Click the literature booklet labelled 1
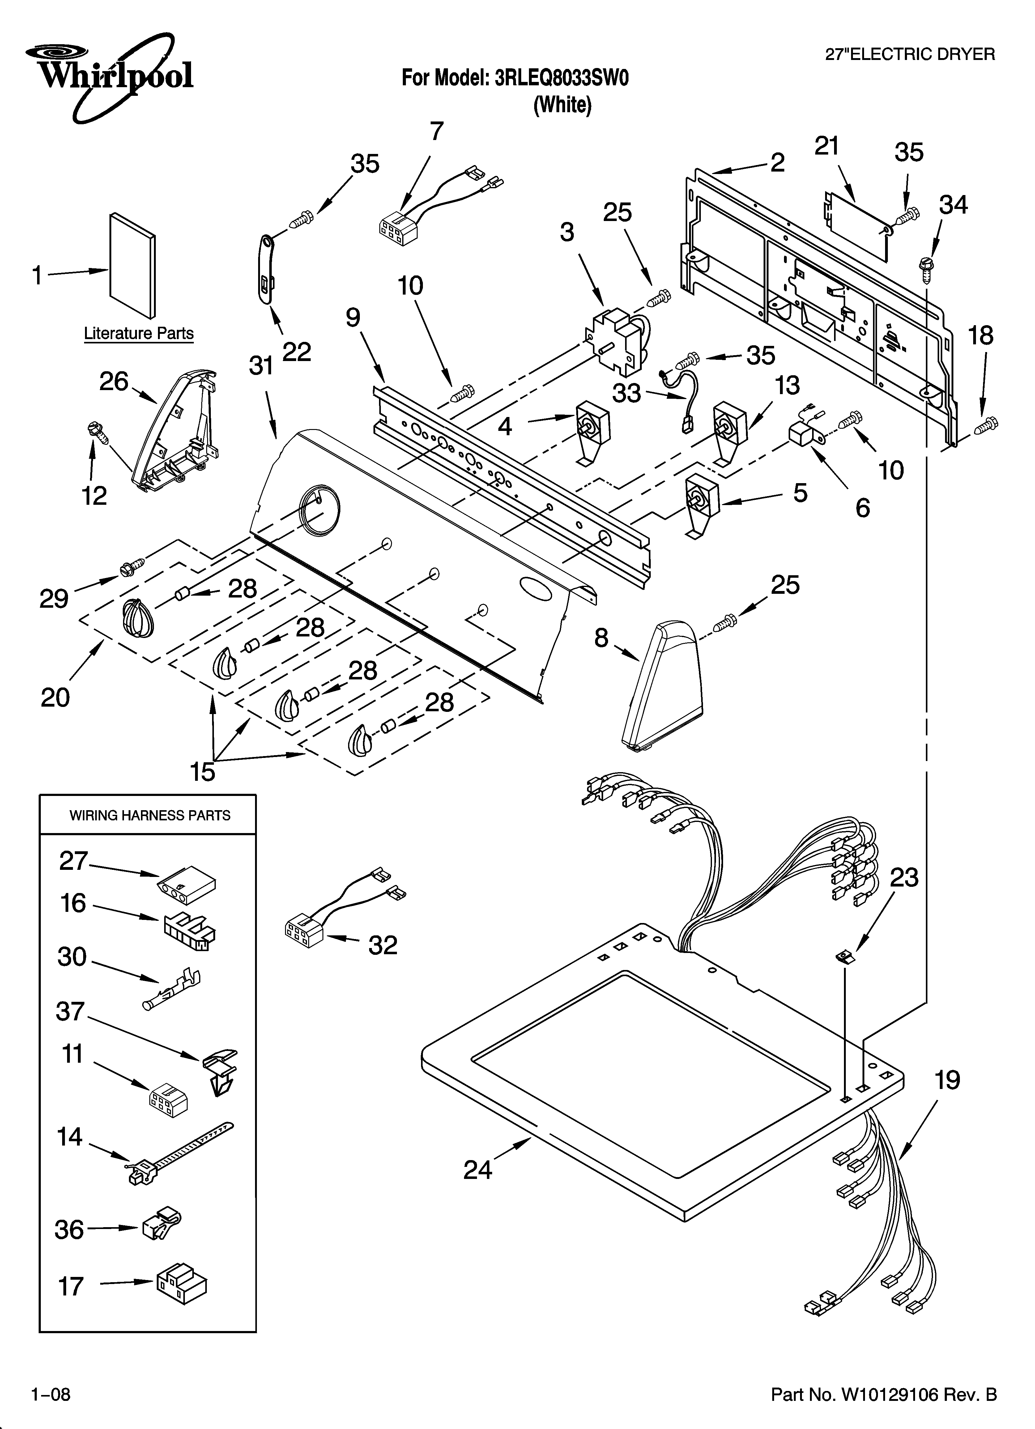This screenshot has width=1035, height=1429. point(132,265)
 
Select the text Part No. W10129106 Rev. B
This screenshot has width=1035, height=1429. point(884,1395)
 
